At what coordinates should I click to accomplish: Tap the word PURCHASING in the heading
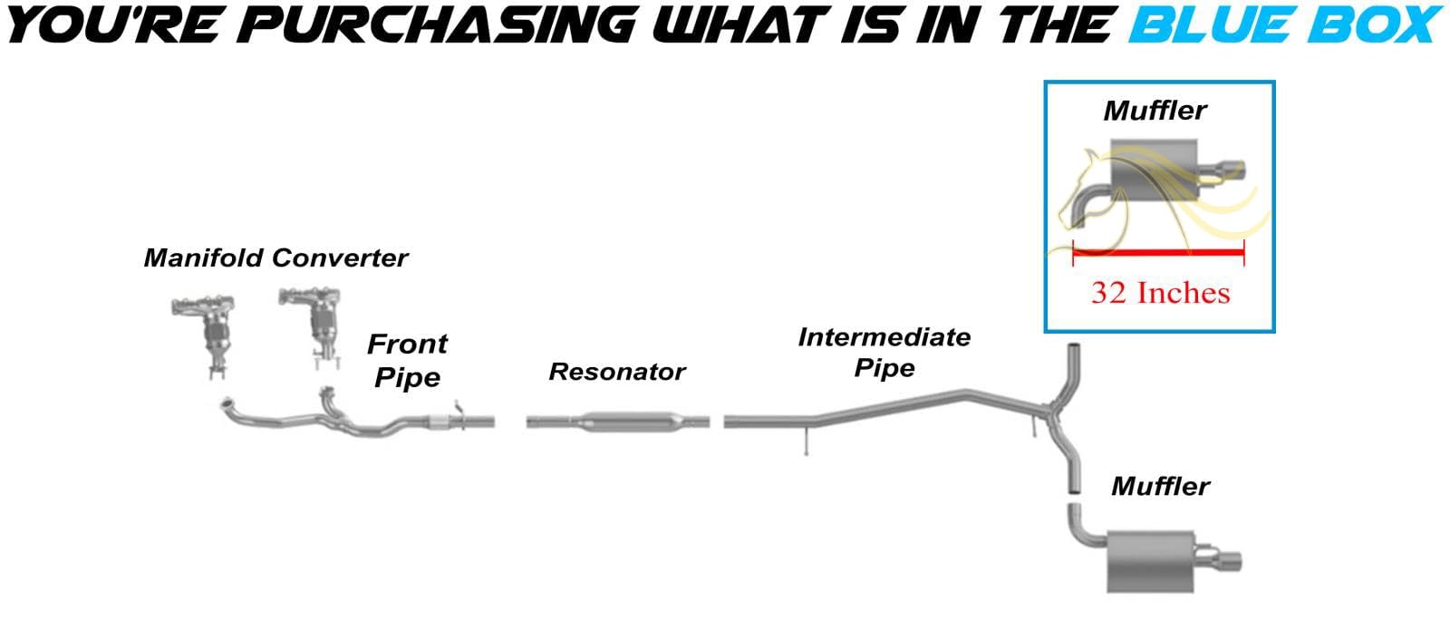pyautogui.click(x=440, y=24)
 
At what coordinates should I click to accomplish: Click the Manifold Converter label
pyautogui.click(x=275, y=258)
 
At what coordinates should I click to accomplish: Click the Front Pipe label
pyautogui.click(x=407, y=360)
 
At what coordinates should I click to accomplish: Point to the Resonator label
pyautogui.click(x=617, y=372)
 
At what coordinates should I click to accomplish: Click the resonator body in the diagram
pyautogui.click(x=617, y=422)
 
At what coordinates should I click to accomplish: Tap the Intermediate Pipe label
pyautogui.click(x=884, y=353)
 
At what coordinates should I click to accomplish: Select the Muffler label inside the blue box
pyautogui.click(x=1155, y=111)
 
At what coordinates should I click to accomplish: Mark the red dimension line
pyautogui.click(x=1158, y=252)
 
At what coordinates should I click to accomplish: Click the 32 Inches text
pyautogui.click(x=1160, y=293)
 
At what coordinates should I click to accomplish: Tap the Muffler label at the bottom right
pyautogui.click(x=1160, y=487)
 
